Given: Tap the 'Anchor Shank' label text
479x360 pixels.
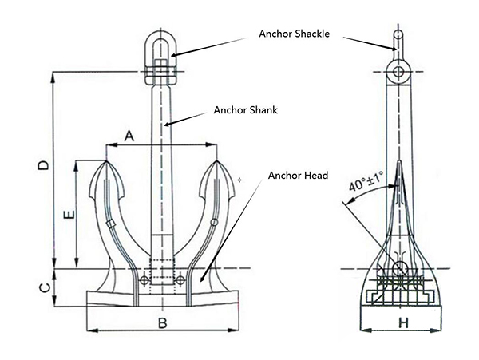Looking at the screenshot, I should tap(246, 110).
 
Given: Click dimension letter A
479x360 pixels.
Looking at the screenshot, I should tap(129, 136).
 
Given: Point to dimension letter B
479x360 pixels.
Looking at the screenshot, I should tap(161, 323).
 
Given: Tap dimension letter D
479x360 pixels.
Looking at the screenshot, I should tap(44, 165).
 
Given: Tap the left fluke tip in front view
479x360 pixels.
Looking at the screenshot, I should tap(108, 163).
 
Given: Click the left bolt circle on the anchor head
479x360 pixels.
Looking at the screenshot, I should tap(144, 279).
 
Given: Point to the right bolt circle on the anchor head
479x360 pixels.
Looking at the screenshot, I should tap(181, 279).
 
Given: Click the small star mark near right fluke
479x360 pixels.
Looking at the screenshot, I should tap(239, 181).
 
